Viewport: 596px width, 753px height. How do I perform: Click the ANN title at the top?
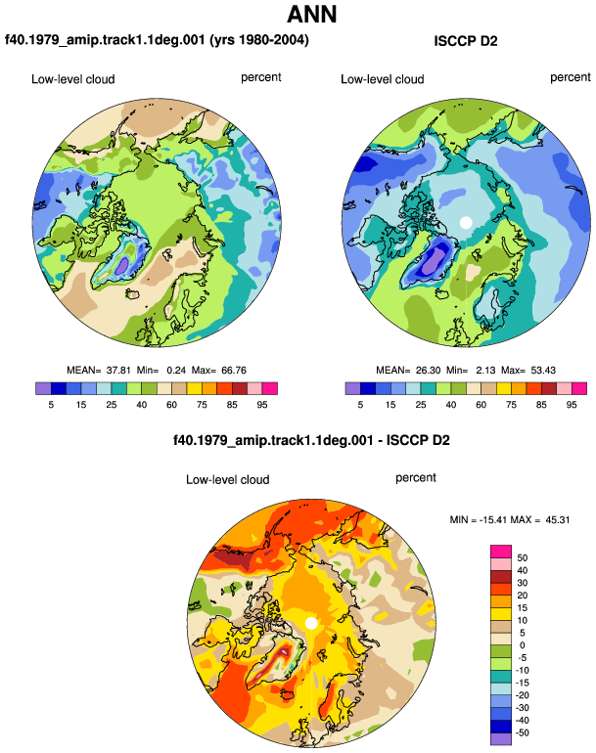point(311,14)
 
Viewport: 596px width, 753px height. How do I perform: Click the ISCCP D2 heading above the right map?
point(465,41)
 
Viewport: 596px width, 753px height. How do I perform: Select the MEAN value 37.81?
point(118,371)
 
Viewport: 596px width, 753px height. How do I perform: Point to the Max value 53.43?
point(543,371)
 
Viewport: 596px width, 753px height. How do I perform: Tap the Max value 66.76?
point(234,371)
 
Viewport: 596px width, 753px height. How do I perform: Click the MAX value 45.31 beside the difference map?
point(558,519)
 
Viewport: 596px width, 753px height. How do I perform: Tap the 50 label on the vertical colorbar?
point(522,558)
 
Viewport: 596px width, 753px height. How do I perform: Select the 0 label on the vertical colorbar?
point(523,645)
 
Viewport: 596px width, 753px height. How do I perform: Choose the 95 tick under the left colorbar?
point(262,405)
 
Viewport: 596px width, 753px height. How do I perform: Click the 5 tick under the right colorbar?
point(360,405)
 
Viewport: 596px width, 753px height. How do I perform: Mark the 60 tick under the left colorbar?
point(171,405)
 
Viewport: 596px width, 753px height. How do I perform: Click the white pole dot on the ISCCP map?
point(465,222)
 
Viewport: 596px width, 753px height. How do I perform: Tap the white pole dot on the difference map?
point(311,623)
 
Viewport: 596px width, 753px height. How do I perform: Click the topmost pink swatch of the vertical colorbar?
point(501,552)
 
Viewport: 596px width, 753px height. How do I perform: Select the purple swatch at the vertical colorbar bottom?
point(501,738)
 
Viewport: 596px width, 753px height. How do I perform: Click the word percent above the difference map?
point(416,478)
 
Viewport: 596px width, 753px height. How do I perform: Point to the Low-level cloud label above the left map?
point(73,79)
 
